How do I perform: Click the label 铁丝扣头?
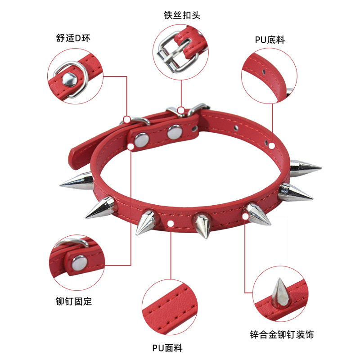[x=181, y=15]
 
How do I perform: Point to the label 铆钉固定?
[x=73, y=301]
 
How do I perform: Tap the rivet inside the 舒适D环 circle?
[x=69, y=80]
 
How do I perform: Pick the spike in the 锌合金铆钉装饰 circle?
[x=279, y=292]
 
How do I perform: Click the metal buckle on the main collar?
[x=182, y=111]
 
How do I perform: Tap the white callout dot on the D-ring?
[x=127, y=119]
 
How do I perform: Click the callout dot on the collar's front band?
[x=171, y=224]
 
